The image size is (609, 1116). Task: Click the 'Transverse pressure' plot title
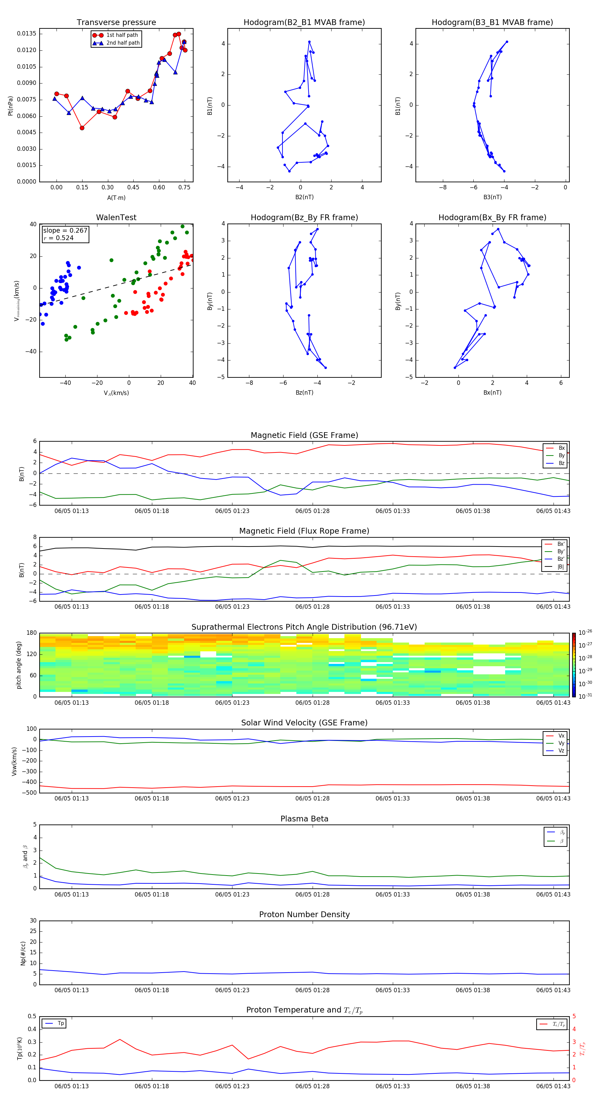[116, 23]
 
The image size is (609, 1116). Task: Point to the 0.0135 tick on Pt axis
[27, 34]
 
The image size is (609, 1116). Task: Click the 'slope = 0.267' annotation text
[65, 231]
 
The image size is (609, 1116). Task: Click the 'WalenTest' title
[116, 217]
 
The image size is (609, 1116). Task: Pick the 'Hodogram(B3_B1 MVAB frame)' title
[492, 23]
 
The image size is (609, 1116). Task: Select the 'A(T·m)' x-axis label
[116, 198]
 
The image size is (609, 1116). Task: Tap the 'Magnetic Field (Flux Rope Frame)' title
[304, 531]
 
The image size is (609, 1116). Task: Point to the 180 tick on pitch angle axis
[32, 633]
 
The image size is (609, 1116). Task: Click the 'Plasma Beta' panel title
[304, 819]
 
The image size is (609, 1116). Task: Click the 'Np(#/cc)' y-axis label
[23, 953]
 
